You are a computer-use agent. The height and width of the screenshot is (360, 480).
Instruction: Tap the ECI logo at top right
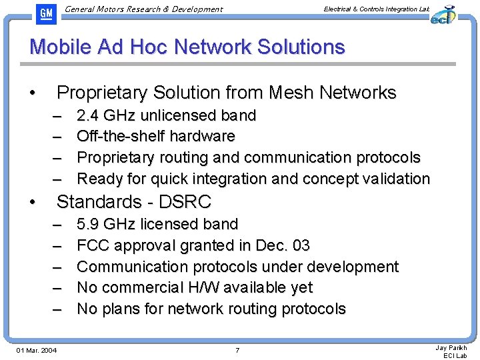point(442,14)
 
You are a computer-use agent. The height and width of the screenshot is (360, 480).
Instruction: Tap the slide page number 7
point(237,350)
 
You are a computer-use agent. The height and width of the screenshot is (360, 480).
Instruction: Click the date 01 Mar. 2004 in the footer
point(37,350)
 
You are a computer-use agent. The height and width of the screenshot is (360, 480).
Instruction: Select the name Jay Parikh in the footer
point(451,347)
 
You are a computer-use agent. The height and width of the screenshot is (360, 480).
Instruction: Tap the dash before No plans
point(58,309)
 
